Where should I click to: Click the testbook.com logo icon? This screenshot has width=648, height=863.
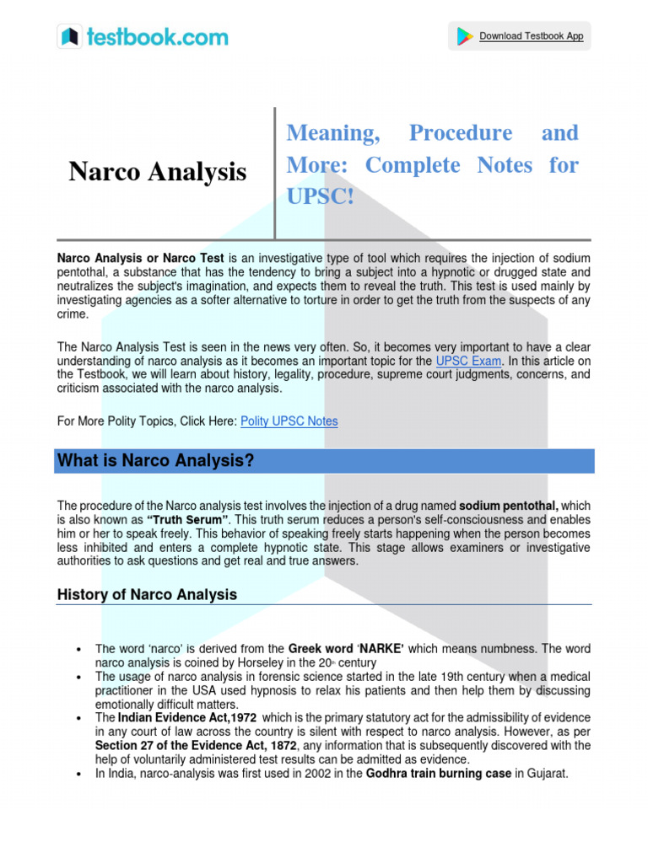(70, 36)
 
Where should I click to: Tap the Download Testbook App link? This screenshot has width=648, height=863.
(531, 36)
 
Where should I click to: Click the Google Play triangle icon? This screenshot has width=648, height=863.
(464, 36)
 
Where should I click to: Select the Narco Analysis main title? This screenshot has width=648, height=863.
(157, 172)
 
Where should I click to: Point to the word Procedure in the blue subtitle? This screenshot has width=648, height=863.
(460, 133)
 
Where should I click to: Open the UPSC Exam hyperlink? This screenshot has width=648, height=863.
(468, 361)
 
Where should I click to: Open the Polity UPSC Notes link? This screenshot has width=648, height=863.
(289, 421)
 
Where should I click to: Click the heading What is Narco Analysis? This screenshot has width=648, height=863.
(155, 461)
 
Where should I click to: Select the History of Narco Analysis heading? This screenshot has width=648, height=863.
(147, 595)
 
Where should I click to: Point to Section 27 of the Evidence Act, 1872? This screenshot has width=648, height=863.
(202, 746)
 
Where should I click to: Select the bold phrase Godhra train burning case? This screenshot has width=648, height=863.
(438, 774)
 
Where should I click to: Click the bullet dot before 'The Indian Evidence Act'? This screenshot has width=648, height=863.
(78, 718)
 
